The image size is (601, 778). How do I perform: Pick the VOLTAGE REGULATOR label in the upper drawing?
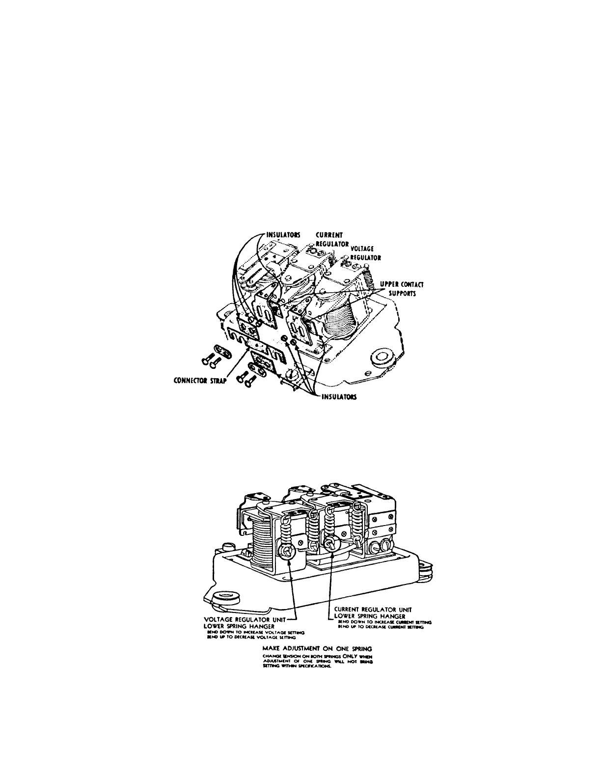pos(365,253)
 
